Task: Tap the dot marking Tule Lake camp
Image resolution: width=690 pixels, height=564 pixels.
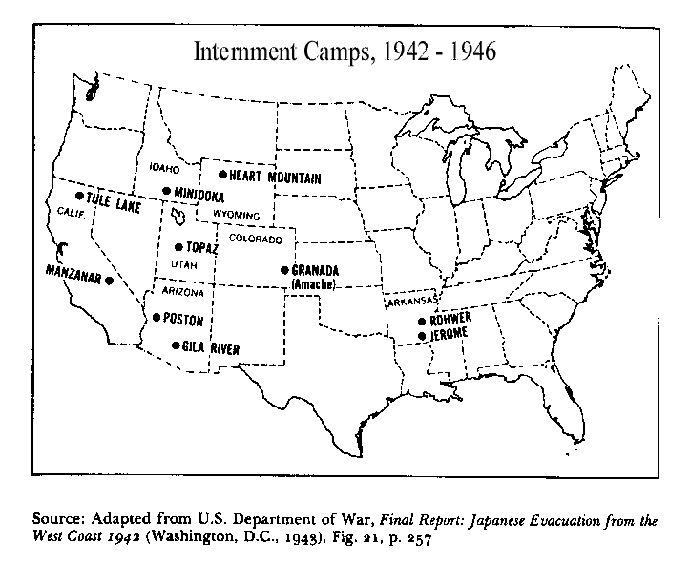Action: pyautogui.click(x=79, y=196)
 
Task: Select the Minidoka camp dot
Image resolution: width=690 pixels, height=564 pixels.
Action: pyautogui.click(x=167, y=192)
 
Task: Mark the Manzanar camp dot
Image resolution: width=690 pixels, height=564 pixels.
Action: pyautogui.click(x=110, y=281)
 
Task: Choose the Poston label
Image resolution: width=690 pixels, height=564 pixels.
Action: pyautogui.click(x=184, y=320)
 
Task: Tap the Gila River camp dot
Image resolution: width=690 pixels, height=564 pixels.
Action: pyautogui.click(x=176, y=345)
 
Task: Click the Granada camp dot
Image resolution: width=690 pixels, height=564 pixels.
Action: pyautogui.click(x=284, y=270)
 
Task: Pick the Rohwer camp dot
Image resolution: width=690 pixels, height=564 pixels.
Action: pyautogui.click(x=422, y=322)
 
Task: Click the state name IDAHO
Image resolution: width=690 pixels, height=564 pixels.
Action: pyautogui.click(x=165, y=169)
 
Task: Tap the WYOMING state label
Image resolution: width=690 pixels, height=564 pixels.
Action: pyautogui.click(x=235, y=214)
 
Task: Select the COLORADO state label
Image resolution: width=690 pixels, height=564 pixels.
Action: pyautogui.click(x=255, y=238)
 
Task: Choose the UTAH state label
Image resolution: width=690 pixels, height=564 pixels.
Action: pyautogui.click(x=182, y=263)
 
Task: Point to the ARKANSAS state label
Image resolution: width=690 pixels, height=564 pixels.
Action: pyautogui.click(x=411, y=303)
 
